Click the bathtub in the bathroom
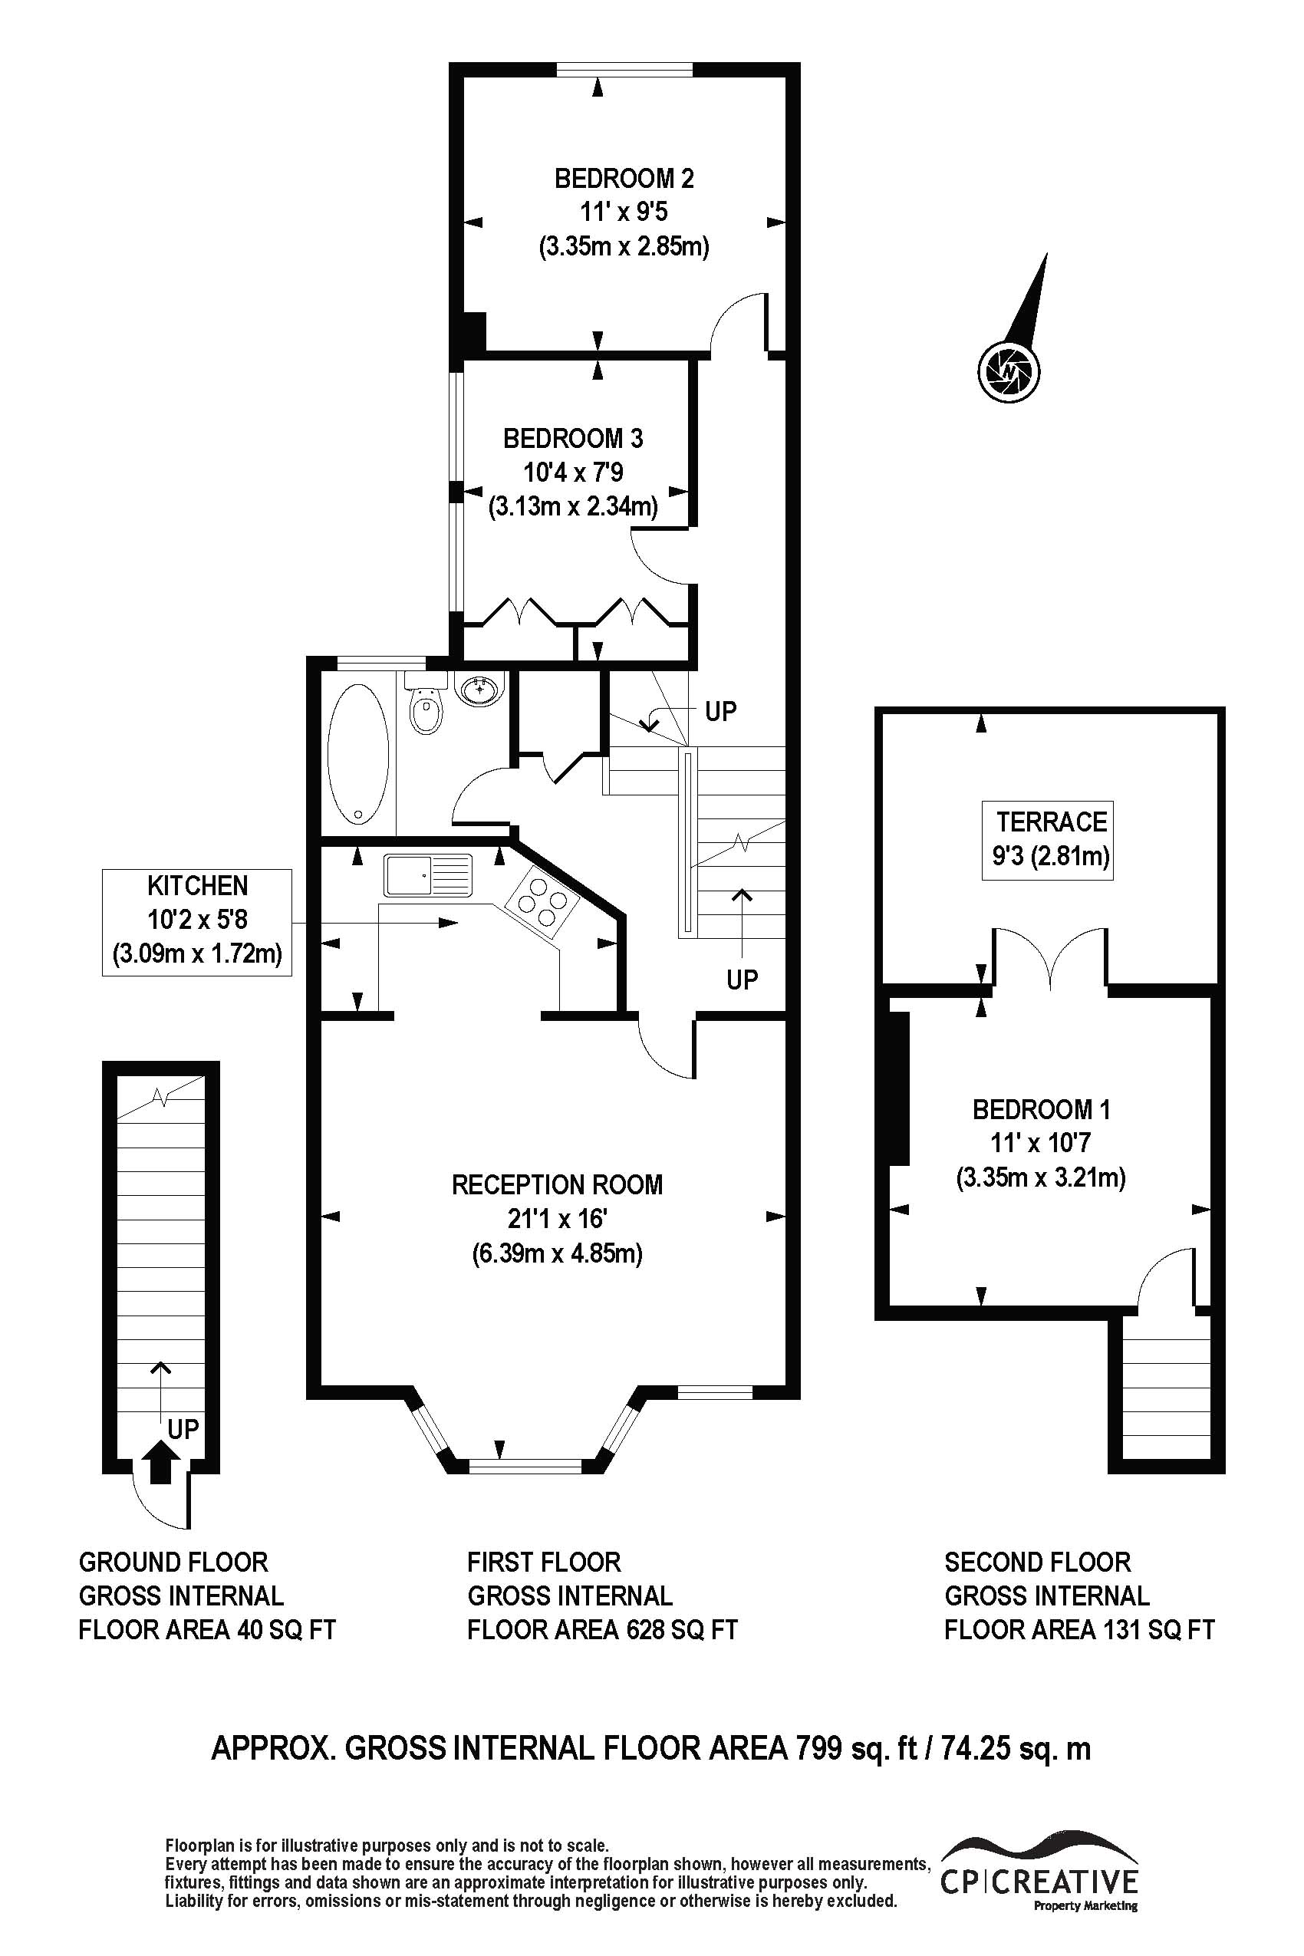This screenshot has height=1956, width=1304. tap(357, 754)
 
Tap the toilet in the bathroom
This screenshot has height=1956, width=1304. tap(426, 705)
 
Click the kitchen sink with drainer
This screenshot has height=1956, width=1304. tap(427, 875)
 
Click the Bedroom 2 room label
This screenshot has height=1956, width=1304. tap(624, 178)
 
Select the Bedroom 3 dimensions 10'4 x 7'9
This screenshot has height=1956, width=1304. tap(573, 473)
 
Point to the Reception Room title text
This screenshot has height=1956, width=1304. tap(557, 1184)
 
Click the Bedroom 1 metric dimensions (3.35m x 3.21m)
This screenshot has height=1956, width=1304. tap(1040, 1177)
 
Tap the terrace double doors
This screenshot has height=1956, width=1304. tap(1049, 957)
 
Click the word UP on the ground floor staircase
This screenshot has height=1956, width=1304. tap(183, 1429)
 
